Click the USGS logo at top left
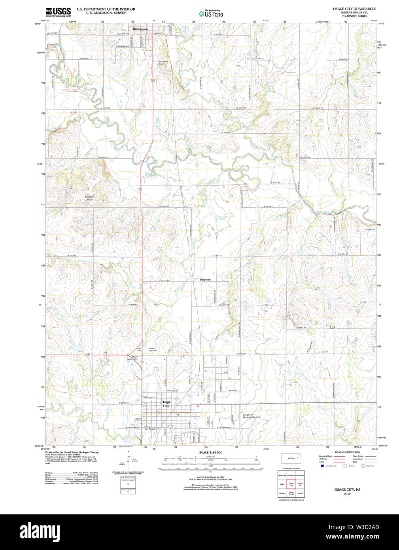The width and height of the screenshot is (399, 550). [x=58, y=11]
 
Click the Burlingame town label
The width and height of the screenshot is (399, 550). [x=141, y=29]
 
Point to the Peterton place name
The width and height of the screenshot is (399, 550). [x=205, y=280]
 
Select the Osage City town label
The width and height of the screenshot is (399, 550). [x=166, y=404]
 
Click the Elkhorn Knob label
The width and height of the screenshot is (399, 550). [x=89, y=198]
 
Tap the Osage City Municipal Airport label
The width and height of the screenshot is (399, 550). [x=251, y=416]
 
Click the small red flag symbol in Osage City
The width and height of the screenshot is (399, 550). [x=197, y=406]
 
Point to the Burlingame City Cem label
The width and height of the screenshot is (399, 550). [x=163, y=63]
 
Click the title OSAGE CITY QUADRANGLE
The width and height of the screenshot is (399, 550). [x=354, y=9]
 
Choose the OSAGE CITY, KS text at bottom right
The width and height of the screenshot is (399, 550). [x=347, y=489]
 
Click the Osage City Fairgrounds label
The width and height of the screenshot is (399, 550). [x=152, y=428]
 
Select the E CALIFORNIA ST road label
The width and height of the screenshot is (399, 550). [x=224, y=428]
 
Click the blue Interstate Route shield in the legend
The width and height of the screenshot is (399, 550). [x=323, y=466]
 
